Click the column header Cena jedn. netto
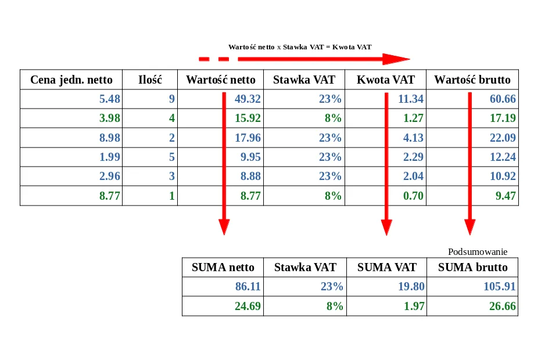[x=71, y=80]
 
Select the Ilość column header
[x=150, y=80]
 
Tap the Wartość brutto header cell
[x=472, y=80]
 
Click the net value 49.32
[x=248, y=99]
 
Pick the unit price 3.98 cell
[x=110, y=118]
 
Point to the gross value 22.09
[x=503, y=138]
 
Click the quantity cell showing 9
[x=171, y=99]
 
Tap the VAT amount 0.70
[x=413, y=196]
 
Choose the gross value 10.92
[x=503, y=177]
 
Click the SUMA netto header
[x=223, y=268]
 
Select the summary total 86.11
[x=248, y=287]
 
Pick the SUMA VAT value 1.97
[x=414, y=306]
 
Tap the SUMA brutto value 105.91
[x=500, y=287]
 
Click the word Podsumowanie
[x=478, y=252]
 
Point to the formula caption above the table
[x=300, y=47]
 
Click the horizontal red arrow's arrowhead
[x=396, y=59]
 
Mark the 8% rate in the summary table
[x=334, y=306]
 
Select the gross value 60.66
[x=503, y=99]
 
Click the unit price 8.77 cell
[x=110, y=196]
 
